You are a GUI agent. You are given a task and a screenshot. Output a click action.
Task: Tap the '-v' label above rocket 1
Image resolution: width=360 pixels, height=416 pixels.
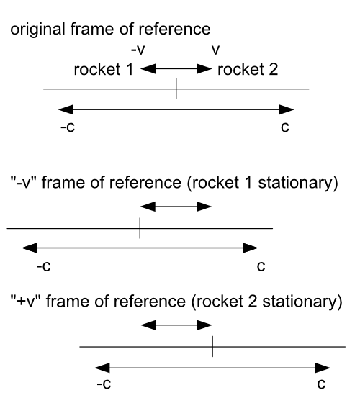pos(136,52)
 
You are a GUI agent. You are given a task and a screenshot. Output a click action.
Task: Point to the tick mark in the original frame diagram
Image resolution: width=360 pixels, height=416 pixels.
pos(176,89)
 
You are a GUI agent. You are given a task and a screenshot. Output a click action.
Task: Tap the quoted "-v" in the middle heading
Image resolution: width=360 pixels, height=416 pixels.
pos(24,186)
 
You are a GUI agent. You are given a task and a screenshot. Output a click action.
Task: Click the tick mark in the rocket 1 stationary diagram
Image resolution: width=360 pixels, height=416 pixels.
pos(140,229)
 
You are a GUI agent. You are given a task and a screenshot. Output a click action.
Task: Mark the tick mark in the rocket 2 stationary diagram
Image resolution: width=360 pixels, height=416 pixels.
pos(212,347)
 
